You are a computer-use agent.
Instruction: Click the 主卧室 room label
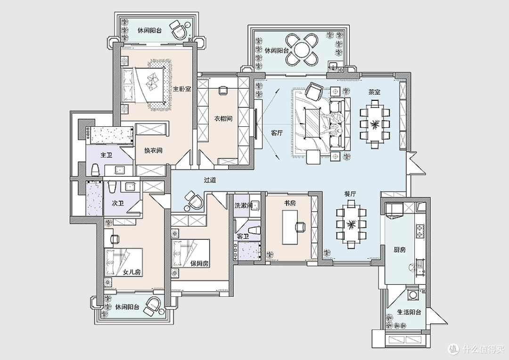click(x=182, y=89)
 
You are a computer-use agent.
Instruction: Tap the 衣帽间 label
click(x=223, y=118)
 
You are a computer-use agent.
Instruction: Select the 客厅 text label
click(x=277, y=133)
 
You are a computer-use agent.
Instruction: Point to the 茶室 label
click(x=374, y=92)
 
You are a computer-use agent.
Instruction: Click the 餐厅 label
click(x=350, y=194)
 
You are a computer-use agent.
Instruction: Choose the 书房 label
click(x=290, y=203)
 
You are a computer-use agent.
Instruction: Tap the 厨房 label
click(x=400, y=250)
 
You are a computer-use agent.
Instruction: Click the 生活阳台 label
click(x=409, y=312)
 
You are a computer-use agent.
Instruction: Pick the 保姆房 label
click(x=199, y=263)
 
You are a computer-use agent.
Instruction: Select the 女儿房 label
click(x=132, y=272)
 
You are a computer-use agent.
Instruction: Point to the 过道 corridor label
click(x=210, y=180)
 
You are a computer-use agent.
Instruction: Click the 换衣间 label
click(x=153, y=151)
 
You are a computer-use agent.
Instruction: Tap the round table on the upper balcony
click(x=302, y=49)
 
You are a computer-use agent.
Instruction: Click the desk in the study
click(x=290, y=227)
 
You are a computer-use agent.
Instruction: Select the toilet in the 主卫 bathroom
click(x=95, y=170)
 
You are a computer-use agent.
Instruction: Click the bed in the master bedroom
click(x=143, y=85)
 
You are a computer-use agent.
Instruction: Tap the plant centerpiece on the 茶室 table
click(x=375, y=123)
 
